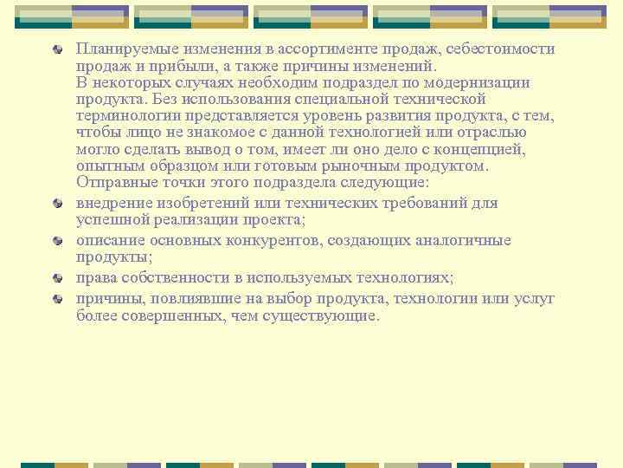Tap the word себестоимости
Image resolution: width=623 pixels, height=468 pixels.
[503, 49]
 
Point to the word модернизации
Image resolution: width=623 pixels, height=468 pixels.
[478, 83]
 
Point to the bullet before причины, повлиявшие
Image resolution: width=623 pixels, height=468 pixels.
[58, 300]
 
